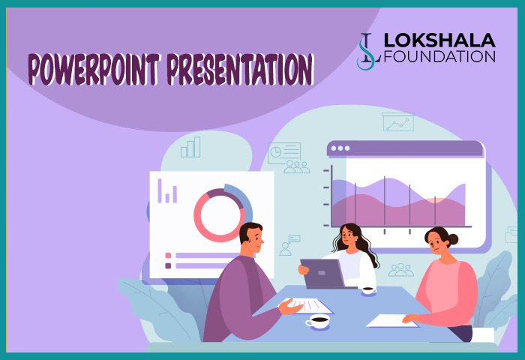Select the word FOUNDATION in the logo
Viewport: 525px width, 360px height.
point(439,56)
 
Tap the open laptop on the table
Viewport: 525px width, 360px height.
point(323,274)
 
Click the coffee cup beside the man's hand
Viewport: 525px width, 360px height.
point(318,322)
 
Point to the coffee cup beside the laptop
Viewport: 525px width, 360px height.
point(368,289)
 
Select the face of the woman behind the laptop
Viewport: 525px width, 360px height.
point(349,239)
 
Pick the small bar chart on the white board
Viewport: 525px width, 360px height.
point(167,191)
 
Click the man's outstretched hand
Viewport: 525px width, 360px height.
point(290,305)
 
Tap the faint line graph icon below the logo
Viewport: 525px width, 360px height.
point(397,121)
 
